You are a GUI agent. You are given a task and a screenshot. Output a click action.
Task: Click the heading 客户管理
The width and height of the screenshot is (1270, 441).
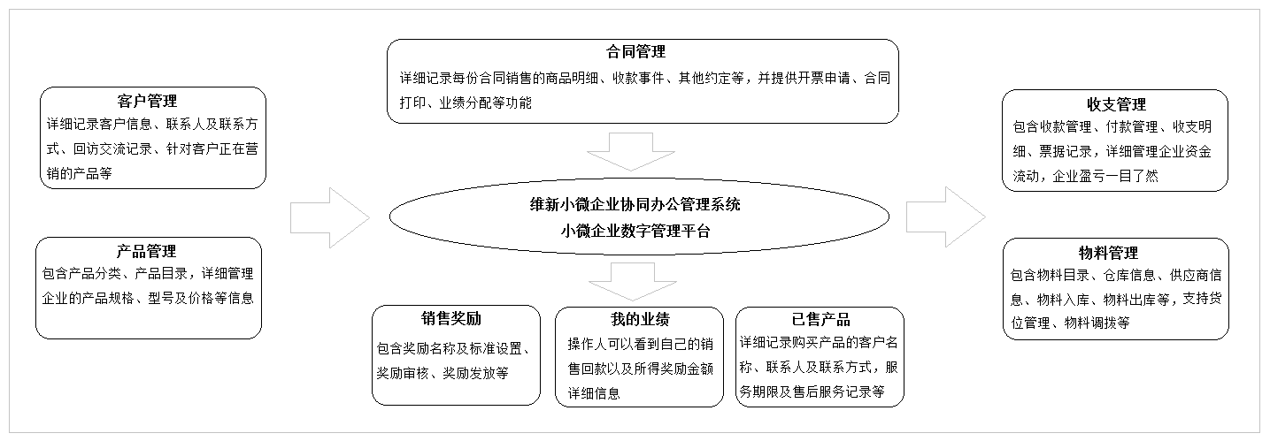tap(148, 102)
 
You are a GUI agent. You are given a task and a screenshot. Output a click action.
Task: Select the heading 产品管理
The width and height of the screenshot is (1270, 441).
tap(148, 252)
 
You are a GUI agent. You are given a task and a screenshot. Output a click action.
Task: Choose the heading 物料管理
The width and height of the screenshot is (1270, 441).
tap(1110, 254)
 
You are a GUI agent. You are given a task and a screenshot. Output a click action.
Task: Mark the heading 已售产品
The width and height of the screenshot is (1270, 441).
tap(820, 319)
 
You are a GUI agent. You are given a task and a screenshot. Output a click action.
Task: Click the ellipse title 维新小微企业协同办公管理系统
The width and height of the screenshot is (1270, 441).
tap(629, 205)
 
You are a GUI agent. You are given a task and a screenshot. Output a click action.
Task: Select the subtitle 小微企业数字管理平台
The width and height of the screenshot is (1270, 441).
tap(629, 232)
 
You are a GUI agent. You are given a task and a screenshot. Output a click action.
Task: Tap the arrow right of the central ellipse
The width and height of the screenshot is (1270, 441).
tap(945, 217)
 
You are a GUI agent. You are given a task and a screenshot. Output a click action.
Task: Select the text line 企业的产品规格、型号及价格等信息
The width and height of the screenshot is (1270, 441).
tap(148, 298)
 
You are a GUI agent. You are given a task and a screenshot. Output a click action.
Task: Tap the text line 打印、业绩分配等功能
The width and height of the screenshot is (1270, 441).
tap(466, 103)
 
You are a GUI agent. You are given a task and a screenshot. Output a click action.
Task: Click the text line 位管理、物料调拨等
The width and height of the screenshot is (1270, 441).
tap(1070, 323)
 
